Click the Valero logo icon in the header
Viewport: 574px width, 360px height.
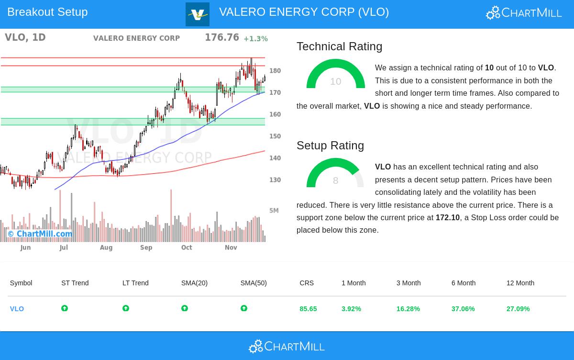pyautogui.click(x=198, y=14)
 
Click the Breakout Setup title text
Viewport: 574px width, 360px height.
pyautogui.click(x=47, y=12)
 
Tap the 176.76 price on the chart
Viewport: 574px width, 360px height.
pyautogui.click(x=221, y=37)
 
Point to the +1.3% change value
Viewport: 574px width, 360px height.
pyautogui.click(x=255, y=39)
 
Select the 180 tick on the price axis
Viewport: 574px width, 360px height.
pyautogui.click(x=275, y=71)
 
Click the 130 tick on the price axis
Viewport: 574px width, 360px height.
pyautogui.click(x=275, y=180)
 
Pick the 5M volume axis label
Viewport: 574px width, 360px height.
pyautogui.click(x=274, y=211)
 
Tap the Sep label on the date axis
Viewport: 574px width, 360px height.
pyautogui.click(x=146, y=247)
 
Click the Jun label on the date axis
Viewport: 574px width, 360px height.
pyautogui.click(x=25, y=247)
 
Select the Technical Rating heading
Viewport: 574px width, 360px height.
pyautogui.click(x=339, y=46)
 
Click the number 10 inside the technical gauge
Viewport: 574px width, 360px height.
pyautogui.click(x=335, y=81)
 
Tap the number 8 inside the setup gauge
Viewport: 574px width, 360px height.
pyautogui.click(x=335, y=180)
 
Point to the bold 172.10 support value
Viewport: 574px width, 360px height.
pyautogui.click(x=447, y=217)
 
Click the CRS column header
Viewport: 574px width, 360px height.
pyautogui.click(x=307, y=283)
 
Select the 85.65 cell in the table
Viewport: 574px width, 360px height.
pyautogui.click(x=308, y=309)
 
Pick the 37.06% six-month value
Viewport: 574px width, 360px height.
pyautogui.click(x=463, y=309)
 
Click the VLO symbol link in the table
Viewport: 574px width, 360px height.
pyautogui.click(x=17, y=309)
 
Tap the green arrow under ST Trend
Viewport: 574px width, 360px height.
pyautogui.click(x=65, y=308)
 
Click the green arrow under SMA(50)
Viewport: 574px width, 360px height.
pyautogui.click(x=244, y=308)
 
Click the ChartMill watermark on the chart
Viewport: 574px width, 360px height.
pyautogui.click(x=40, y=234)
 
